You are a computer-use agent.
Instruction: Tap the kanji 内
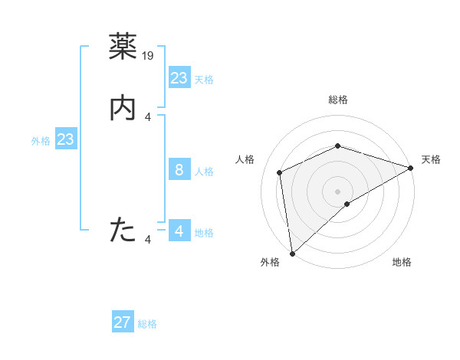coord(123,110)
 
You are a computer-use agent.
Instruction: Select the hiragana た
coord(123,229)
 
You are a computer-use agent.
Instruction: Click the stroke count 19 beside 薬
coord(149,55)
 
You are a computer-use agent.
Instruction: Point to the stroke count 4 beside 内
coord(148,117)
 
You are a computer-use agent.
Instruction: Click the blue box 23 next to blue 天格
coord(179,78)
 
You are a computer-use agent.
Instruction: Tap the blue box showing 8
coord(179,170)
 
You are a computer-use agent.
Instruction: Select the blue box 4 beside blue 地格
coord(179,231)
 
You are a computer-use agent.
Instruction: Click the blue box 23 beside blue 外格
coord(65,139)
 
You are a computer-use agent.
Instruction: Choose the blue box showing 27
coord(123,322)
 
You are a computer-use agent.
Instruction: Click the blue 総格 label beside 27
coord(147,324)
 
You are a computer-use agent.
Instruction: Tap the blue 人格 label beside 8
coord(204,172)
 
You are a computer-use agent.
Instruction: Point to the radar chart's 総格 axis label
coord(337,100)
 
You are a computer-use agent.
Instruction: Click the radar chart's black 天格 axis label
coord(431,159)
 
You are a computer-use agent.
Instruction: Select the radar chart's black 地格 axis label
coord(402,263)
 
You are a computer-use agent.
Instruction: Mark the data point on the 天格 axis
coord(410,168)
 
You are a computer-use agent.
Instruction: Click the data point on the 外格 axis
coord(292,253)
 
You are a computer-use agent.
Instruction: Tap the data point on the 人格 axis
coord(280,172)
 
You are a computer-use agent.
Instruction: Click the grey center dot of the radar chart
coord(337,191)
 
